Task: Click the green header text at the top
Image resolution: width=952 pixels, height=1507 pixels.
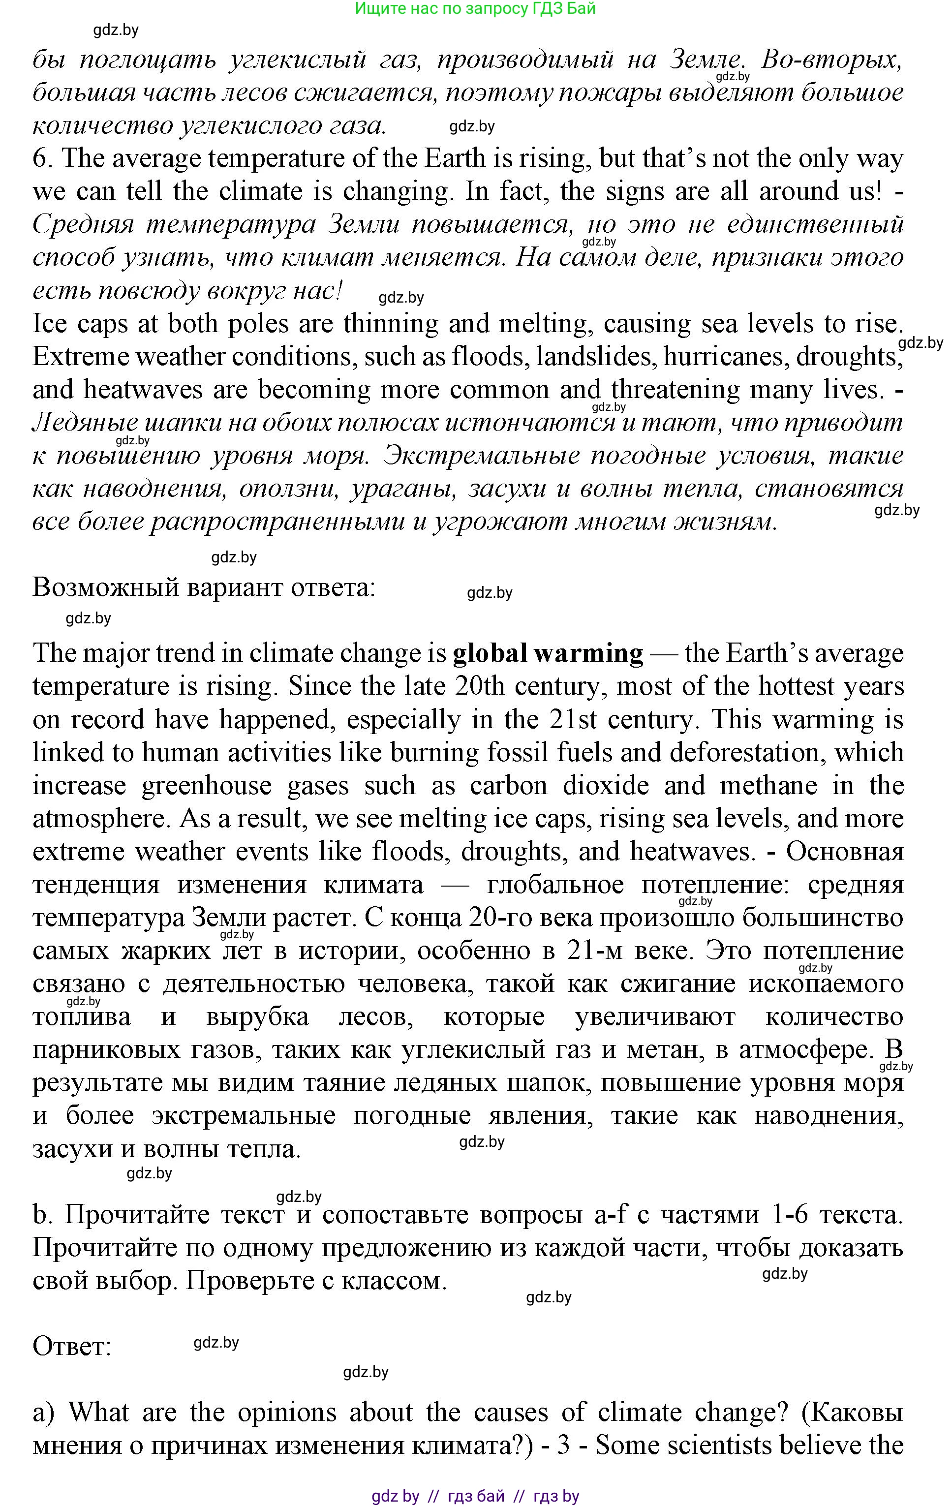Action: click(x=475, y=9)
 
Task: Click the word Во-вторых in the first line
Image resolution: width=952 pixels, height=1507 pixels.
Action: click(x=832, y=60)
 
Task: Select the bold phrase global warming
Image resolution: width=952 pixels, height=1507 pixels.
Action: click(x=548, y=653)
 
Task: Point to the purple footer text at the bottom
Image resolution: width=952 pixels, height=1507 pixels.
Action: click(x=475, y=1496)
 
